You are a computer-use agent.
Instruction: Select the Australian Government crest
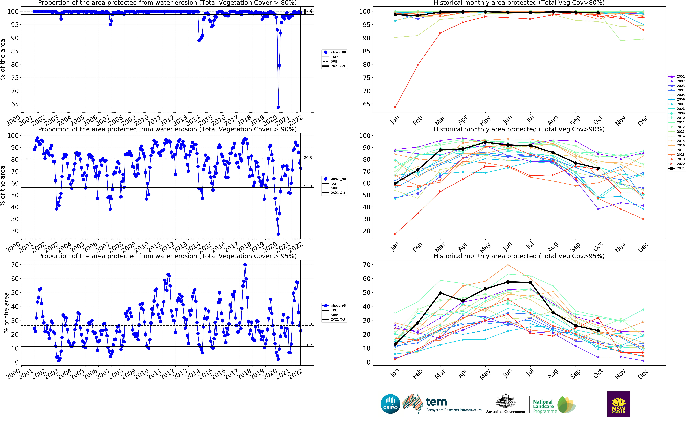(505, 402)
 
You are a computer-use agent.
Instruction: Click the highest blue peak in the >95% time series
(245, 265)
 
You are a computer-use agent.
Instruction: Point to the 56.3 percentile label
(308, 186)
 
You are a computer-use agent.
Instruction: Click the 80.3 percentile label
(308, 158)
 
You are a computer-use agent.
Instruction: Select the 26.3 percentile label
(308, 324)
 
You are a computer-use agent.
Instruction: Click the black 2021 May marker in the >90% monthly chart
(485, 142)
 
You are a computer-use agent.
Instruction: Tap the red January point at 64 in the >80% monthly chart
(395, 107)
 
